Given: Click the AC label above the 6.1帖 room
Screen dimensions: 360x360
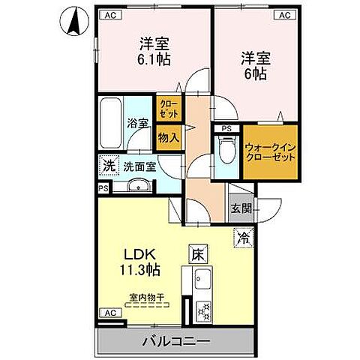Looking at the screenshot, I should [110, 14].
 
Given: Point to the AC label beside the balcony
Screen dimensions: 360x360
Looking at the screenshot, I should [109, 312].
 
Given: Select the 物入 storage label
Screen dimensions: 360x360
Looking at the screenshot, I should [168, 138].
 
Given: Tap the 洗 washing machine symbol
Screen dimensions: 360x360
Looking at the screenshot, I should [108, 165].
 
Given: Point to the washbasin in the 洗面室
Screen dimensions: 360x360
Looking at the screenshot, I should [136, 187].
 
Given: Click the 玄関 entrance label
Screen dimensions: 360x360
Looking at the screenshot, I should [240, 209].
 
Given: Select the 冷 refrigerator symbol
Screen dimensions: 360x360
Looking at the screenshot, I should [244, 238].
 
